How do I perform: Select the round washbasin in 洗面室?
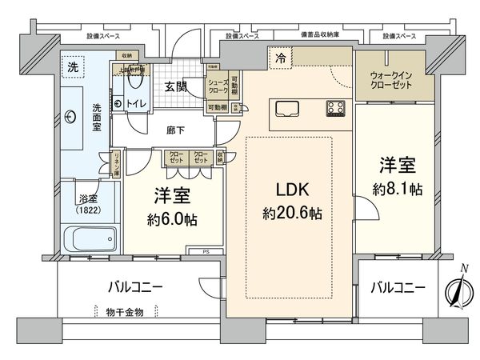point(73,118)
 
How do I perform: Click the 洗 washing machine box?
point(72,65)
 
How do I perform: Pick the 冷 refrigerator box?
point(280,58)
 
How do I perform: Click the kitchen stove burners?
point(335,107)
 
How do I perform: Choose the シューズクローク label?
point(218,84)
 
